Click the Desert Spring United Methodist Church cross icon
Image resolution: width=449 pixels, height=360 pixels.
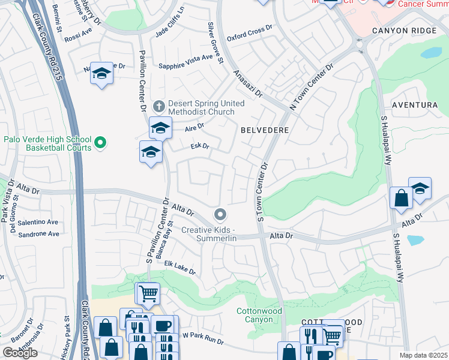159,107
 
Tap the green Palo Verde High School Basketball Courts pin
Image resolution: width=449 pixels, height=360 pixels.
101,143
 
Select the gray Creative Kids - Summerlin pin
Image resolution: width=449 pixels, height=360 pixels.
220,215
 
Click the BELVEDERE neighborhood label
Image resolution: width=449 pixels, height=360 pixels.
265,130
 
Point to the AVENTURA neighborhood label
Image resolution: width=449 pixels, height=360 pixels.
414,105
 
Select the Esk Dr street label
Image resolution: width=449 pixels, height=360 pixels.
199,145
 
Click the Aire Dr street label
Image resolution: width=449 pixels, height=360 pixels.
194,127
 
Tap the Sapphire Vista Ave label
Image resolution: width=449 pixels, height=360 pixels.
185,58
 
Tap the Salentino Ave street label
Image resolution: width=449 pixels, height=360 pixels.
38,222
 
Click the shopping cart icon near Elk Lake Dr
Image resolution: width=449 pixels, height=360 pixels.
148,293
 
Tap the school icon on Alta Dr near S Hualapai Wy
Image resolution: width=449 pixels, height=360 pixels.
420,188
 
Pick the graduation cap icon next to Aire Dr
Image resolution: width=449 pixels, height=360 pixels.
160,128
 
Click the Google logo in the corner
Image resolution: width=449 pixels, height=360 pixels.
20,353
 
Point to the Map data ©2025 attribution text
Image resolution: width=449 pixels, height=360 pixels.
423,355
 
